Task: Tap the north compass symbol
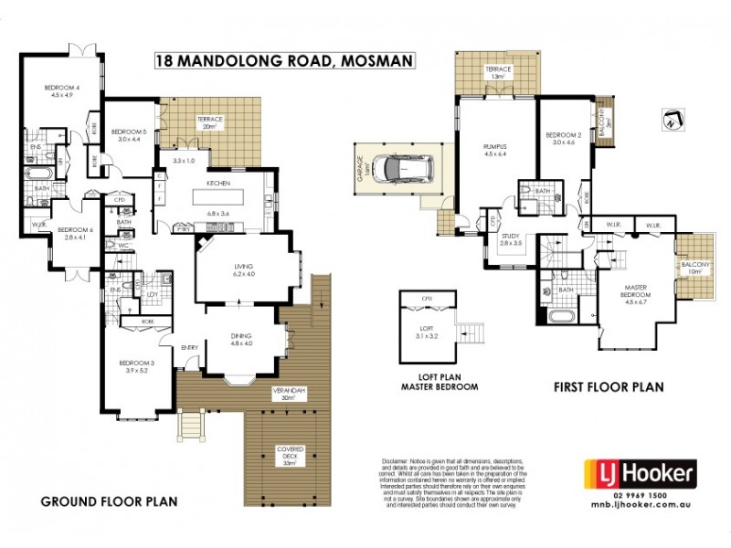click(673, 120)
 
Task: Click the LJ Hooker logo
click(640, 474)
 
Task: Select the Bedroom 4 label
click(61, 88)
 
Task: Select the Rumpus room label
click(494, 146)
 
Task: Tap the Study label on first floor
click(510, 237)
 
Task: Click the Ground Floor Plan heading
click(109, 501)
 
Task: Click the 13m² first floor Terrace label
click(497, 69)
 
